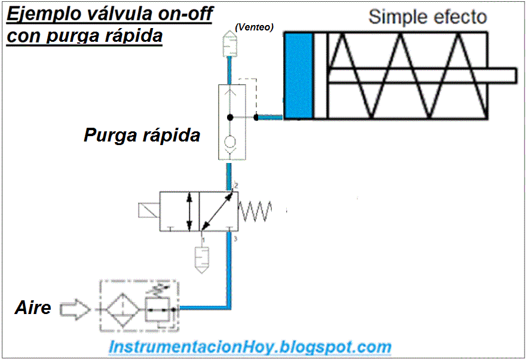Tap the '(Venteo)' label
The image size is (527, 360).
click(254, 27)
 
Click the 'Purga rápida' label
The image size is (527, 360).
click(142, 136)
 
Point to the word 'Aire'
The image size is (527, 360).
click(32, 309)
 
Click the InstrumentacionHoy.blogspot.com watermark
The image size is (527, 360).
click(250, 346)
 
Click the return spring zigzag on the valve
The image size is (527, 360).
click(255, 211)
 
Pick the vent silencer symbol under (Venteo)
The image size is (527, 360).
click(229, 42)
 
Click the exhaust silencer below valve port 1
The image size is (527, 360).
click(203, 257)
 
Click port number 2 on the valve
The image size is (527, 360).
click(236, 186)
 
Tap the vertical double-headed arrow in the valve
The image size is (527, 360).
click(189, 211)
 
